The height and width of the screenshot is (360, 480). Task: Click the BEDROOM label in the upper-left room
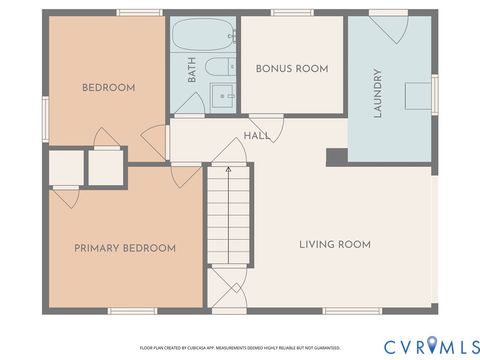(107, 88)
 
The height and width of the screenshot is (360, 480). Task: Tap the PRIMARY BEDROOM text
(125, 248)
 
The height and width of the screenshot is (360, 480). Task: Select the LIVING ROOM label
(335, 244)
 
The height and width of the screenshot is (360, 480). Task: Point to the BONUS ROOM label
(292, 68)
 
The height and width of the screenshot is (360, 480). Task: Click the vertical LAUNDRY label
(378, 93)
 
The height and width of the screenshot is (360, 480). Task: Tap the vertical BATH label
(191, 70)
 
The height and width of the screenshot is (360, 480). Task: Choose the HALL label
(257, 136)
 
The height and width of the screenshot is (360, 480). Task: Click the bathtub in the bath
(203, 37)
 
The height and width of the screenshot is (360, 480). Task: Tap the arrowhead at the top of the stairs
(229, 170)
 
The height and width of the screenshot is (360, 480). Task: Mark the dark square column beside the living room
(337, 156)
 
